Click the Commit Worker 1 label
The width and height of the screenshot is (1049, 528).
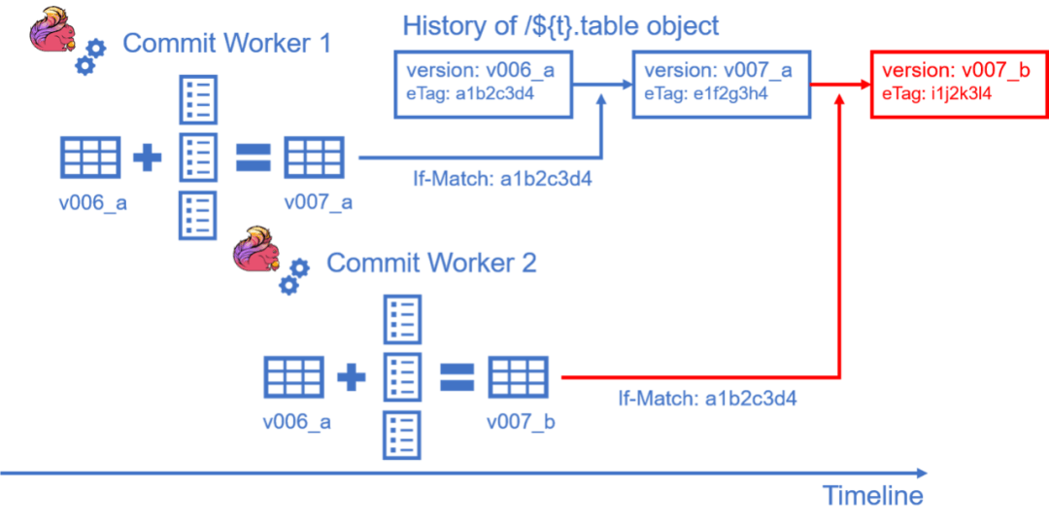(227, 44)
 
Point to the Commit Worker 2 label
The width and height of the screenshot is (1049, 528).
(431, 263)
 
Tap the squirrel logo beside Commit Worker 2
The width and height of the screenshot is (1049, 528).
(254, 249)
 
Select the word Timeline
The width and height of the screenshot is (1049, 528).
(872, 496)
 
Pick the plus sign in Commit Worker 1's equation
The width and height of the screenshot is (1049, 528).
(148, 158)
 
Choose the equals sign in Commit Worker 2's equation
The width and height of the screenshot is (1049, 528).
(457, 376)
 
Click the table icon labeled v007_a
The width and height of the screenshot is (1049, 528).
(314, 157)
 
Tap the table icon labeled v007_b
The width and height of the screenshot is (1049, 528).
(518, 376)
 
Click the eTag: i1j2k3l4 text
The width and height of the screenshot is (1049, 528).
(936, 94)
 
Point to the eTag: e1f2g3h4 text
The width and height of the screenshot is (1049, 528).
(706, 94)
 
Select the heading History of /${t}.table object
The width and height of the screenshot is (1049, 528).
(560, 25)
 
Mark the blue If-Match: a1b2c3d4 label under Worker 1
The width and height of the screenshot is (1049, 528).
(502, 180)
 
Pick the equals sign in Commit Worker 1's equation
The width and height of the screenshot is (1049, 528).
(254, 158)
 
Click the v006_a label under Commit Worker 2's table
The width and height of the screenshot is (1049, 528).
(297, 422)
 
